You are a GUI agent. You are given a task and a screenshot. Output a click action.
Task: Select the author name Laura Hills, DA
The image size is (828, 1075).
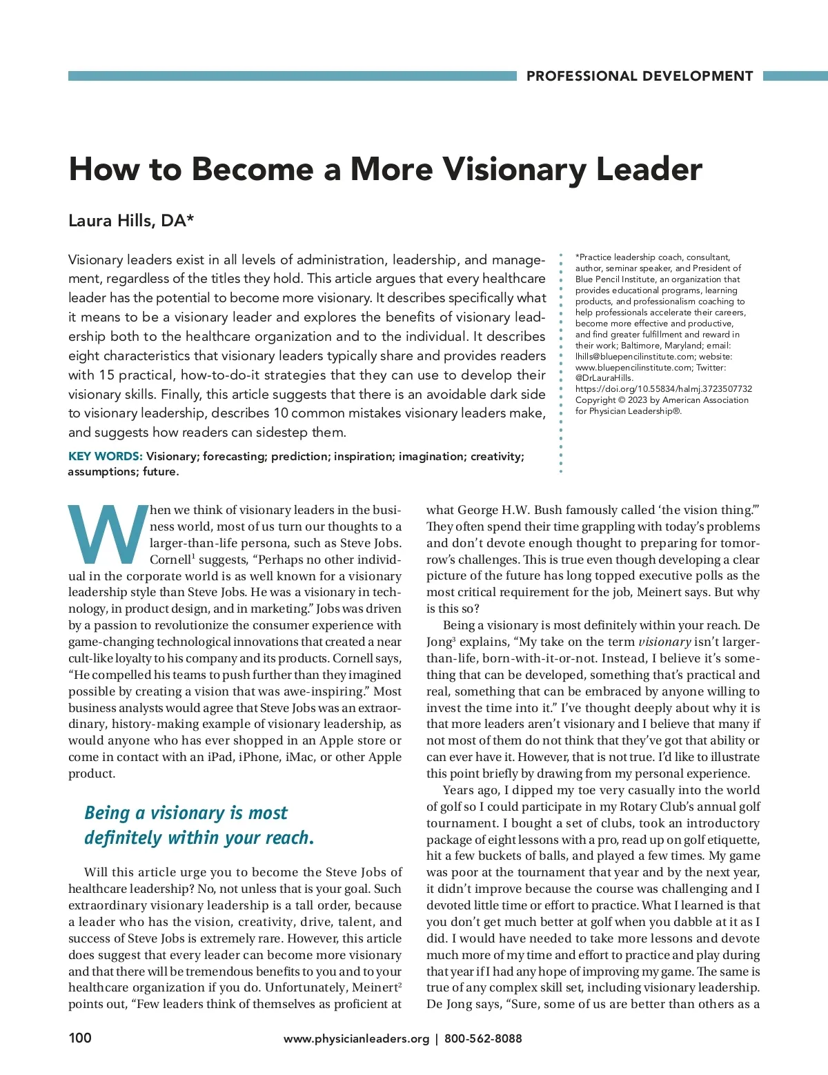pos(131,221)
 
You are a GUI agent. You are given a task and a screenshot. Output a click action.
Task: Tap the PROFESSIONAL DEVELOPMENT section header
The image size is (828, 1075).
pos(639,77)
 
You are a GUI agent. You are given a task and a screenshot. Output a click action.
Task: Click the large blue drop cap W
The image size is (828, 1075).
pos(108,534)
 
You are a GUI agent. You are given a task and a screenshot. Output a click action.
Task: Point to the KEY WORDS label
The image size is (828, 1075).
pos(105,457)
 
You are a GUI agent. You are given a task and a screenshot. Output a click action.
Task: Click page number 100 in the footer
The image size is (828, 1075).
pos(80,1038)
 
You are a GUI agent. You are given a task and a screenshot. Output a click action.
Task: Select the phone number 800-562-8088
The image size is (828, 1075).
pos(483,1038)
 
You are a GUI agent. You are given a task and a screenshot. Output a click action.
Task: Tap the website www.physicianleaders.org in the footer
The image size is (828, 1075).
pos(356,1038)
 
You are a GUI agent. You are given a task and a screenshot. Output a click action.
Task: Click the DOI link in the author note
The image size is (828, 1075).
pos(664,389)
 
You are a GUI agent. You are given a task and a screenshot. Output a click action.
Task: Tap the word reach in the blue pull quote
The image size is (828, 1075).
pos(284,838)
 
